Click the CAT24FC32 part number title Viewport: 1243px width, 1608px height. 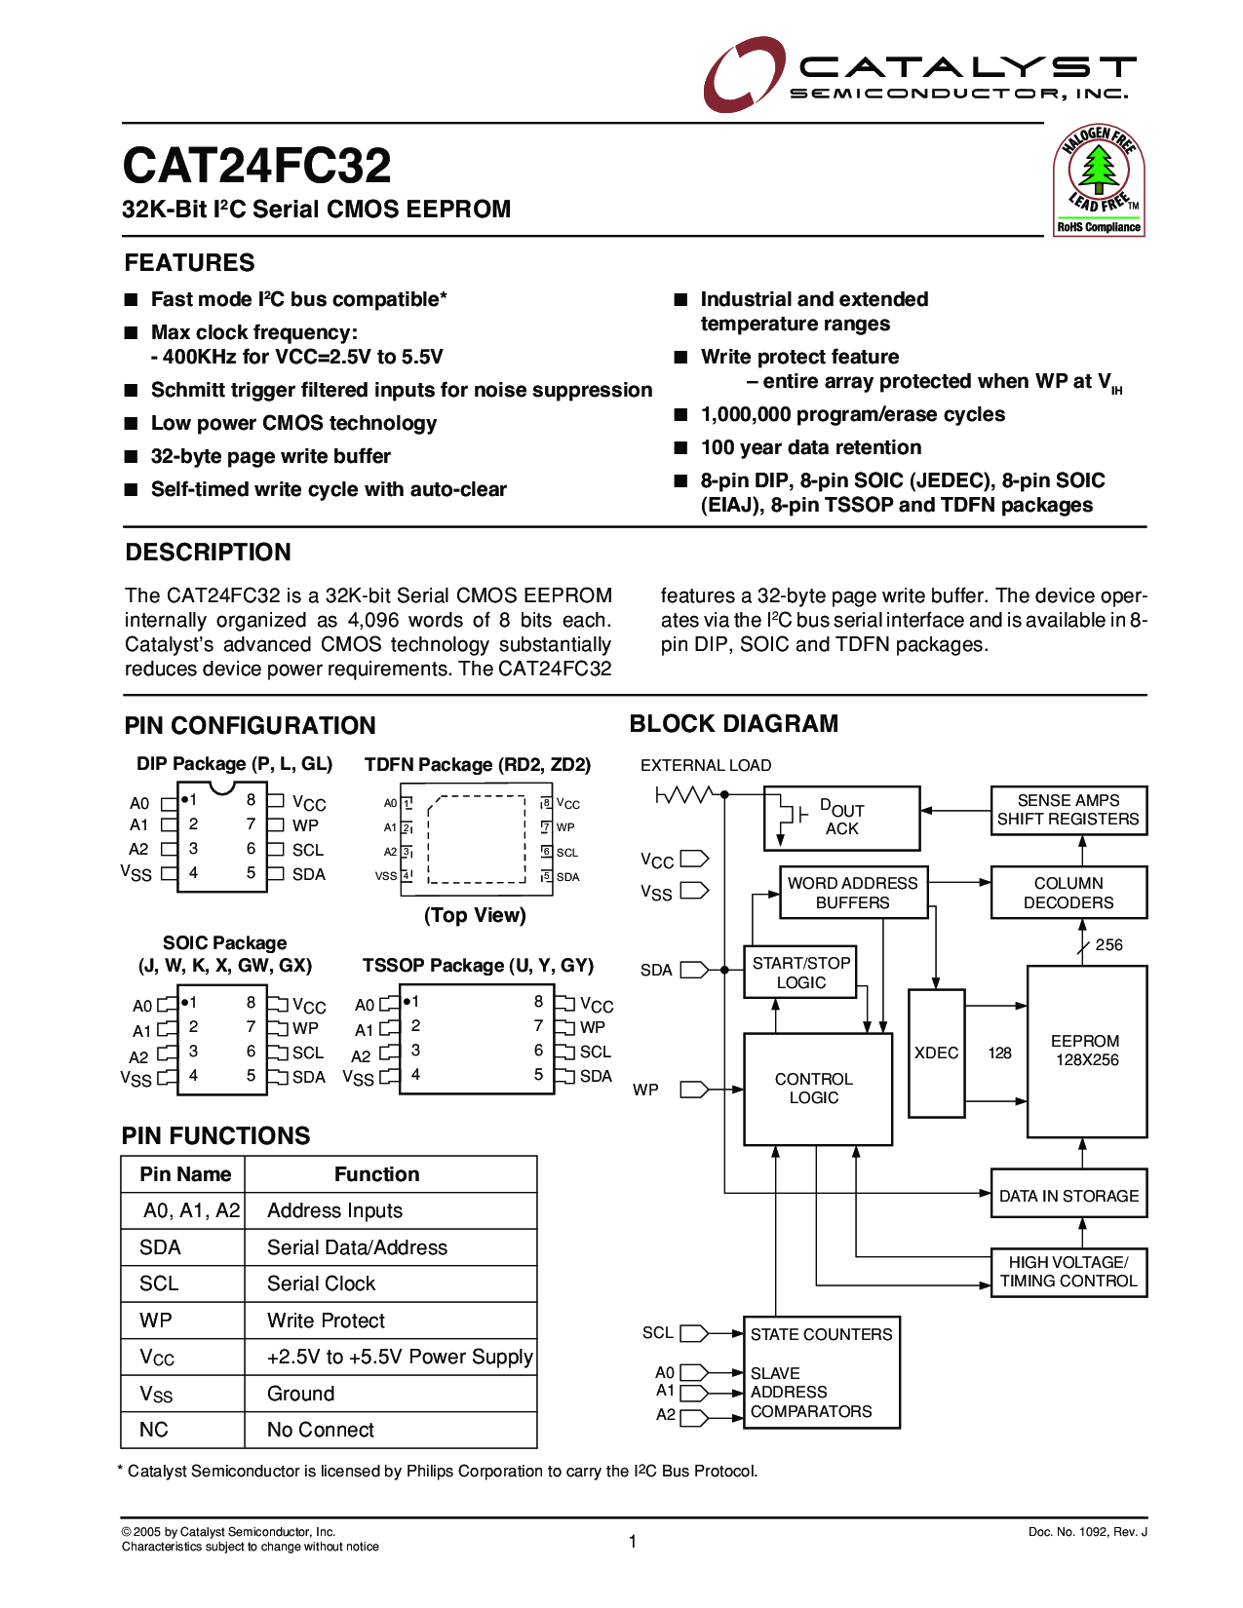point(256,166)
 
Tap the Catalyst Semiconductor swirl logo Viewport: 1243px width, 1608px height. point(743,74)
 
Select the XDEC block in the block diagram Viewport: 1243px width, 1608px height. point(936,1053)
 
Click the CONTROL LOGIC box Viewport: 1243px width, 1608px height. point(817,1089)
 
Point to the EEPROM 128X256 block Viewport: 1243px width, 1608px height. point(1086,1051)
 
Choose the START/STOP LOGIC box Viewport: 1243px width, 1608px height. point(800,972)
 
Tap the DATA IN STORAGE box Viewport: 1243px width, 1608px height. point(1068,1195)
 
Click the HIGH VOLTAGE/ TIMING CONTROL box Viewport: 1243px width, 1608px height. point(1068,1272)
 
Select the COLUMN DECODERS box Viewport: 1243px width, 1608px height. point(1068,893)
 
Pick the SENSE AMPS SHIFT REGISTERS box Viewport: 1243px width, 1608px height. point(1068,810)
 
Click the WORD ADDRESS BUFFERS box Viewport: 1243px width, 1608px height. point(852,893)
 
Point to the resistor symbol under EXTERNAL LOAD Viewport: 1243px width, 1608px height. point(686,795)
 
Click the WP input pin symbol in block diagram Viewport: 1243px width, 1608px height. point(693,1089)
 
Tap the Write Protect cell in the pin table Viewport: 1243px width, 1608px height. point(326,1321)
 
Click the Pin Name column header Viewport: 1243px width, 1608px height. point(185,1174)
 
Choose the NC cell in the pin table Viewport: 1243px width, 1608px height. point(154,1430)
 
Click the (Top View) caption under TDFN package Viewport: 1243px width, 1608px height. point(475,915)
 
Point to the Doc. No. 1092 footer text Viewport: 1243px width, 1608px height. point(1087,1532)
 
